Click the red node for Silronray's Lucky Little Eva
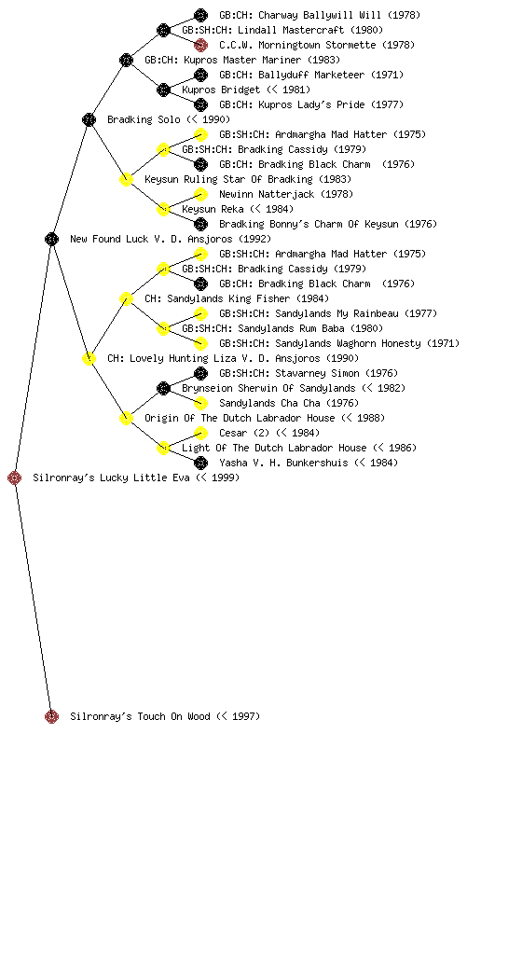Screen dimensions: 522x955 click(x=15, y=477)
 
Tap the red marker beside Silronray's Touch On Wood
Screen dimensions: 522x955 click(x=51, y=716)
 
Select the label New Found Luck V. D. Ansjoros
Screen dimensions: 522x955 click(x=171, y=239)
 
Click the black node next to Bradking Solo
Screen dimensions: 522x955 click(x=89, y=119)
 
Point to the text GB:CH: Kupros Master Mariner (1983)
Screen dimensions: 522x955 click(x=242, y=60)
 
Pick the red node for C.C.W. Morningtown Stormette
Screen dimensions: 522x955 click(x=200, y=45)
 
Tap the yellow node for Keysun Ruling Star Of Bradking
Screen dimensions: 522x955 click(x=126, y=179)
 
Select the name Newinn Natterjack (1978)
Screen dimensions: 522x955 click(x=286, y=194)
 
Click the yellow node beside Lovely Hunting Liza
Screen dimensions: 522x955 click(x=89, y=358)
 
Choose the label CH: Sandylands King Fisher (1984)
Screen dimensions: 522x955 click(x=237, y=298)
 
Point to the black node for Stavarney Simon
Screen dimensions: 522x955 click(x=200, y=373)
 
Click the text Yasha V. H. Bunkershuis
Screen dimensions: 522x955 click(x=283, y=463)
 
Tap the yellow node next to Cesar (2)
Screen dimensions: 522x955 click(x=200, y=433)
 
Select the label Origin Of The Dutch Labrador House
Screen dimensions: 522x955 click(x=240, y=418)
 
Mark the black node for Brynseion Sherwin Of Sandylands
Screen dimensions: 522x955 click(x=163, y=388)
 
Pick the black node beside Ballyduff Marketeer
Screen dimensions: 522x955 click(x=200, y=75)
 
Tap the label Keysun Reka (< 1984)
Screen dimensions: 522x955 click(x=238, y=209)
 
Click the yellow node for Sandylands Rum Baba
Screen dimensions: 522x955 click(x=163, y=328)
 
